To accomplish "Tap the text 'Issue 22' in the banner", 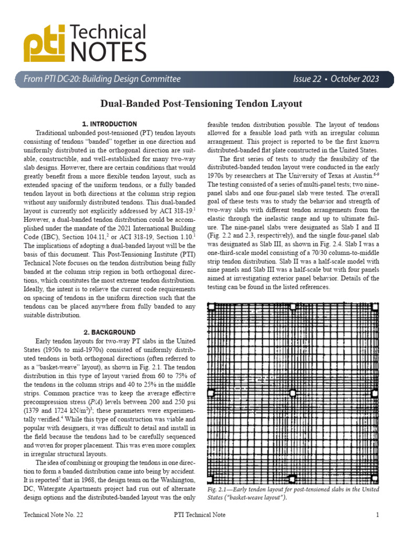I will point(310,79).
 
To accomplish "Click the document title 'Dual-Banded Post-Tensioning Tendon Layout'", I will point(201,104).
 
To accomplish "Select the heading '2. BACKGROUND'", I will point(110,332).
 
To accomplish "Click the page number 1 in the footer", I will point(377,515).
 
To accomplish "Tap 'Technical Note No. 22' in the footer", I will point(54,515).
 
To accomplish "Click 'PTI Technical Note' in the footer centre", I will point(199,515).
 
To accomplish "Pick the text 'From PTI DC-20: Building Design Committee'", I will point(102,79).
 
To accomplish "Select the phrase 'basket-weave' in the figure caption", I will point(242,498).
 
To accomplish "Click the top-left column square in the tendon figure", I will point(211,307).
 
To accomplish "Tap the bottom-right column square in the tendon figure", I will point(375,479).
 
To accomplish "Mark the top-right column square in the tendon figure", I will point(375,307).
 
